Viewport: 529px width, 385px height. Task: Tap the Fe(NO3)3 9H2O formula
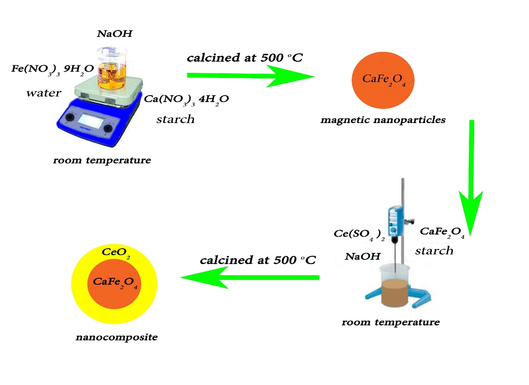pyautogui.click(x=53, y=69)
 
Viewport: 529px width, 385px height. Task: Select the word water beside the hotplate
pyautogui.click(x=44, y=93)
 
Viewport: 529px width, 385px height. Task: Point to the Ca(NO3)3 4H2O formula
pyautogui.click(x=186, y=99)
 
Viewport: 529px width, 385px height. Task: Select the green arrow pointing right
pyautogui.click(x=251, y=76)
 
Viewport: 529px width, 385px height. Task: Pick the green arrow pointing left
pyautogui.click(x=248, y=278)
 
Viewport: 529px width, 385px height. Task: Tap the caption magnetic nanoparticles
pyautogui.click(x=383, y=120)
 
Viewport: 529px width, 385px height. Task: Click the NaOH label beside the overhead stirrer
pyautogui.click(x=362, y=257)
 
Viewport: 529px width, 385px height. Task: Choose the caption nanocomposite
pyautogui.click(x=117, y=337)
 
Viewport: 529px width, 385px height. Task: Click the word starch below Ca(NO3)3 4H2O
pyautogui.click(x=175, y=119)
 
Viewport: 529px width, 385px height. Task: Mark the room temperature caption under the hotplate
pyautogui.click(x=102, y=161)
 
